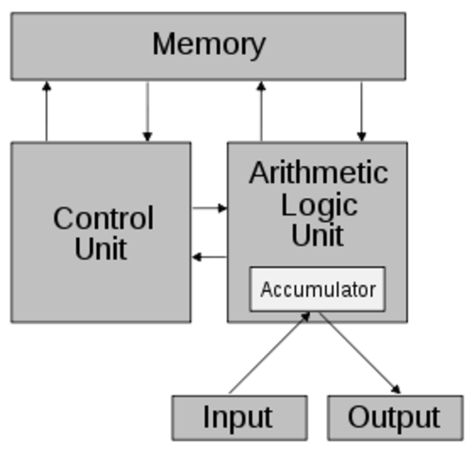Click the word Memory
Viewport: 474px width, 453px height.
click(208, 44)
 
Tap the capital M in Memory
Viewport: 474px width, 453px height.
click(164, 43)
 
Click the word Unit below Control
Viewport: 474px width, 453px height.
click(101, 250)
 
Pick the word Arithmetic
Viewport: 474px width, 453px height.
click(318, 173)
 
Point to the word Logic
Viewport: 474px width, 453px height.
click(319, 205)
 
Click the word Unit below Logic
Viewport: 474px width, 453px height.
click(318, 235)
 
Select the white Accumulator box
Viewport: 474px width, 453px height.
click(318, 289)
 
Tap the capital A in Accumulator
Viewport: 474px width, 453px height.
click(265, 290)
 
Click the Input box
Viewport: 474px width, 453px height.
click(239, 417)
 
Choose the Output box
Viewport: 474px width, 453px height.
click(395, 417)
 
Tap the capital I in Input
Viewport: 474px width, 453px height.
click(206, 416)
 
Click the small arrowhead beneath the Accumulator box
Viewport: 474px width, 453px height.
click(304, 317)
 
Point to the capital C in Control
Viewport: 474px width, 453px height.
click(64, 219)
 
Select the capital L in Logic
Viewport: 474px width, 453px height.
click(287, 205)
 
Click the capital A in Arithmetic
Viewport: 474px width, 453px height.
click(259, 173)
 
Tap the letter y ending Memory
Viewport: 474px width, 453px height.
click(257, 46)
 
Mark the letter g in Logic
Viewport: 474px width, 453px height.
click(330, 208)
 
